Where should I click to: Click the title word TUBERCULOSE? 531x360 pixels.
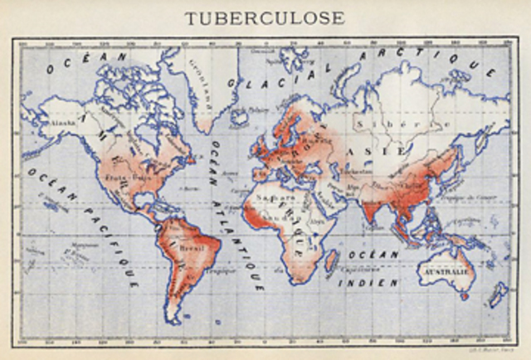coord(265,17)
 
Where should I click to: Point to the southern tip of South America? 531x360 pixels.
coord(173,319)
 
